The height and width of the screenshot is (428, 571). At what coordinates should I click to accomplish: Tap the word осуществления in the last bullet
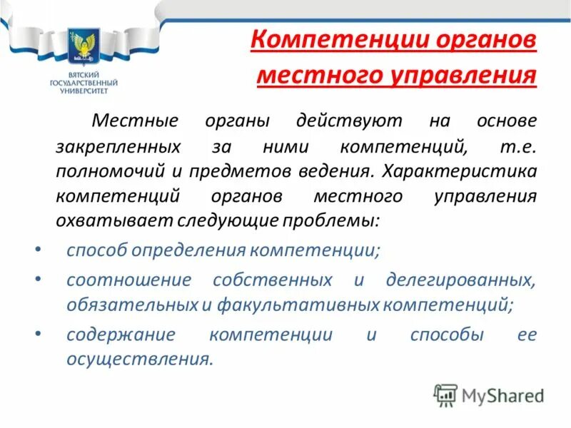(139, 360)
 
